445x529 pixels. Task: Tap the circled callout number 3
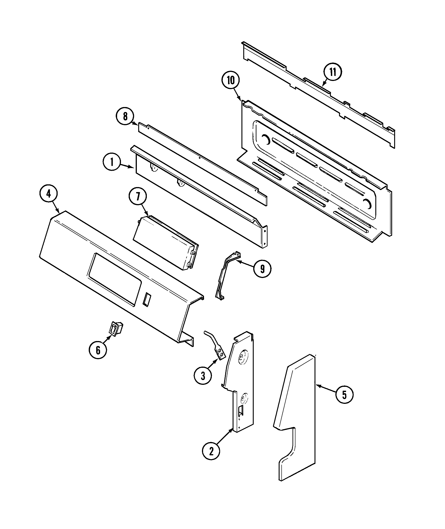(203, 383)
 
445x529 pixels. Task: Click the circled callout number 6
(98, 350)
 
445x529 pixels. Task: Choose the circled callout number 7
(138, 197)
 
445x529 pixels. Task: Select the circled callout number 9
(262, 269)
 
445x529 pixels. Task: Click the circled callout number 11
(333, 72)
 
